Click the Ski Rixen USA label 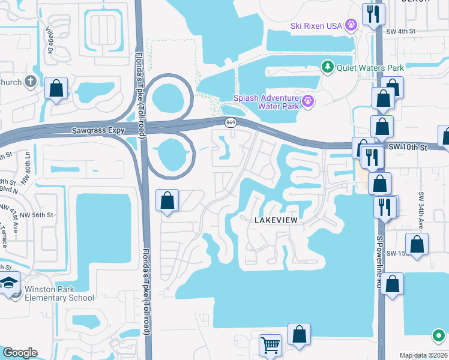click(316, 25)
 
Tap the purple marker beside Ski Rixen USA click(351, 25)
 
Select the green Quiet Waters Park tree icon click(328, 67)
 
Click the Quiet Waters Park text click(370, 67)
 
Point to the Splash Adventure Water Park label click(270, 102)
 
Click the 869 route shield click(231, 123)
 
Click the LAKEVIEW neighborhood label click(276, 220)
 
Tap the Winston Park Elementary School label click(59, 293)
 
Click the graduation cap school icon click(9, 283)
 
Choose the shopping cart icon click(270, 345)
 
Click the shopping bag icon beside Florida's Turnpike click(167, 200)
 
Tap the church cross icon click(31, 82)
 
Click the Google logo click(20, 353)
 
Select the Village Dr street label click(50, 40)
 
